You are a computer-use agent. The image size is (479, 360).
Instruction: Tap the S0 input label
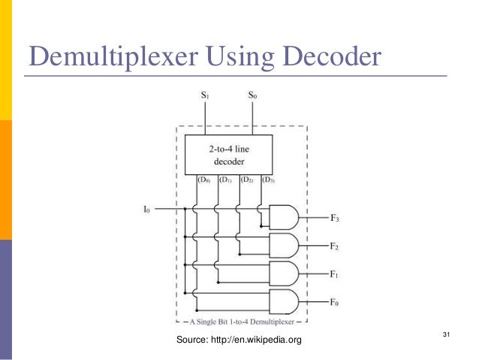(252, 95)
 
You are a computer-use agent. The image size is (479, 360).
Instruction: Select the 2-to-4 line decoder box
(228, 155)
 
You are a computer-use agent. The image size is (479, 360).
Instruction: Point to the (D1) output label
(225, 180)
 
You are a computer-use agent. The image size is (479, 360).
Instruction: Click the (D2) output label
(246, 180)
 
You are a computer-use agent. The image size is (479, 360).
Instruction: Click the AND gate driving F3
(284, 217)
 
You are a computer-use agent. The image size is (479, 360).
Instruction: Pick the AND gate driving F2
(284, 245)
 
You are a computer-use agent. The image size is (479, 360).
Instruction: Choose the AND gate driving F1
(284, 274)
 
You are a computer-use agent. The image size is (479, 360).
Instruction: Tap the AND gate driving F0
(284, 301)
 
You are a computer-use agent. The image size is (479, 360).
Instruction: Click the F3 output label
(336, 218)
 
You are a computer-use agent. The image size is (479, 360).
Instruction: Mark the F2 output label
(336, 246)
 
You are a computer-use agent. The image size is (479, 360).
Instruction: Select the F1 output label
(336, 274)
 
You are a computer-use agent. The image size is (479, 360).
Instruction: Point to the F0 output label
(336, 301)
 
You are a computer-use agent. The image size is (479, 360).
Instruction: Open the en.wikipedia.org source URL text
(255, 340)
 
